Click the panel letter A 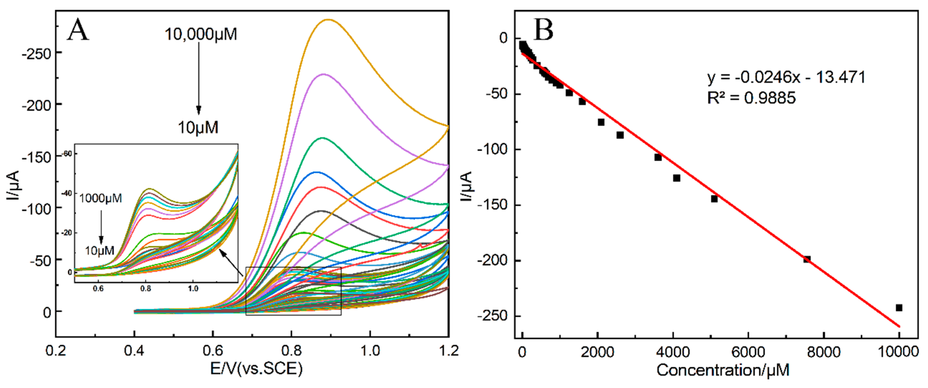(x=78, y=30)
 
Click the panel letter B (x=543, y=30)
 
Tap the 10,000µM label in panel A (x=201, y=35)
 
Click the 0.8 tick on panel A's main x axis (x=291, y=350)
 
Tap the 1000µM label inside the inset (x=101, y=198)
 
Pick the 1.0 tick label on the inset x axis (x=193, y=288)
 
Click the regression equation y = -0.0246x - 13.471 (x=786, y=77)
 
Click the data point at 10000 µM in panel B (x=899, y=308)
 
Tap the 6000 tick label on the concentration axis (x=748, y=352)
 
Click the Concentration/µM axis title (x=723, y=370)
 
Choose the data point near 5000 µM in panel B (x=714, y=199)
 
